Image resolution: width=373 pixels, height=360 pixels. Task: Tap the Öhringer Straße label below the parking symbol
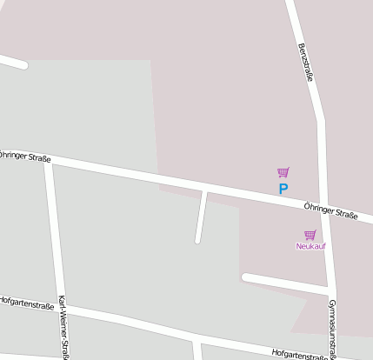coord(330,210)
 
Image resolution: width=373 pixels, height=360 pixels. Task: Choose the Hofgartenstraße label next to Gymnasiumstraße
coord(299,353)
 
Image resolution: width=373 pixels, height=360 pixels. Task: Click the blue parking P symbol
coord(283,188)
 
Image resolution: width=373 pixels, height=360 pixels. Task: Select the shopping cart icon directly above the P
coord(283,172)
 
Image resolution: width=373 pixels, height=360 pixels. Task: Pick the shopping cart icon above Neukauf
coord(310,235)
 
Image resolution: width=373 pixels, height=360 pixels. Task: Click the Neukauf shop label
coord(310,246)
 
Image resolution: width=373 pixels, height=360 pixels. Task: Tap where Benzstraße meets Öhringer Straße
coord(323,211)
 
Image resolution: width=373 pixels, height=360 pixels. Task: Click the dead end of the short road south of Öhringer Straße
coord(198,240)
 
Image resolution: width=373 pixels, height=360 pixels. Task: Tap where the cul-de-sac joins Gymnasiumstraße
coord(330,290)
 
